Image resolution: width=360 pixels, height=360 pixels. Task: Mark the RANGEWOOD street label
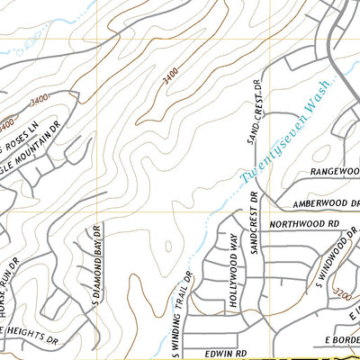pyautogui.click(x=334, y=170)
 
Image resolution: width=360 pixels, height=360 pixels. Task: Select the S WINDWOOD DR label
pyautogui.click(x=330, y=262)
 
